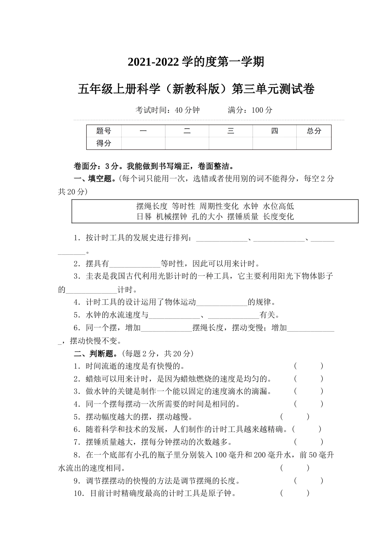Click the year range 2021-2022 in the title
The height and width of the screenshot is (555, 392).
click(153, 62)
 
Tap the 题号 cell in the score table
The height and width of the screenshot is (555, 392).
click(104, 131)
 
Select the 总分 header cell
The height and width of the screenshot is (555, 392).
click(314, 131)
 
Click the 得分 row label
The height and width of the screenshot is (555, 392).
click(104, 143)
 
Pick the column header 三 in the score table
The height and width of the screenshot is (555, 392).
click(231, 131)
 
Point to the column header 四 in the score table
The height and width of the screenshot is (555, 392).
click(274, 131)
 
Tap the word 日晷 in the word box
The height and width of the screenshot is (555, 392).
click(144, 216)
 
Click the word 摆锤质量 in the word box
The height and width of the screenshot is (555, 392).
click(243, 216)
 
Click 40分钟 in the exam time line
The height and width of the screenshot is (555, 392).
click(187, 110)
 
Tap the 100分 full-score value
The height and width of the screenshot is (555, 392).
click(262, 110)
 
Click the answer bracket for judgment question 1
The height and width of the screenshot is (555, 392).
click(308, 366)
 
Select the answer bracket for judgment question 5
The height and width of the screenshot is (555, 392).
click(294, 417)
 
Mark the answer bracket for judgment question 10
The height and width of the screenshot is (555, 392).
click(294, 493)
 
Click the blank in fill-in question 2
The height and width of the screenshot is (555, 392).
click(135, 264)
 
